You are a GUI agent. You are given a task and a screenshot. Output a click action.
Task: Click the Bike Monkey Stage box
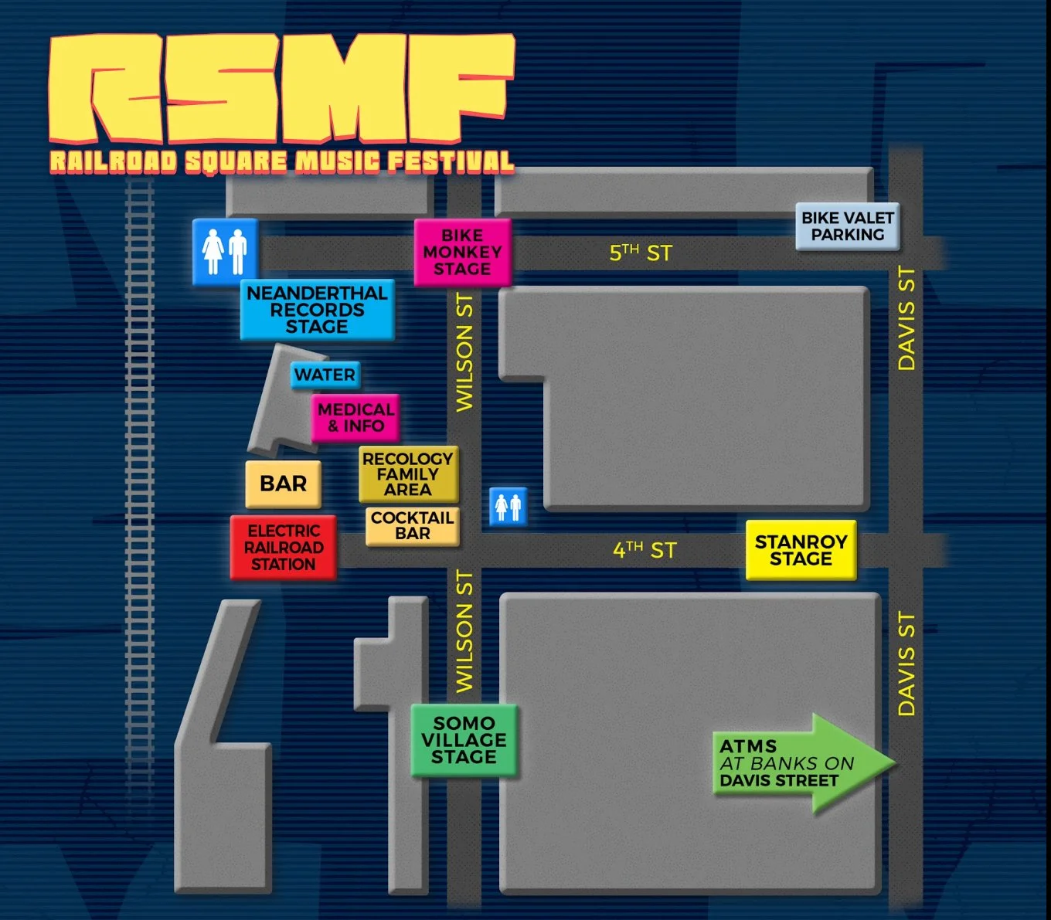tap(462, 253)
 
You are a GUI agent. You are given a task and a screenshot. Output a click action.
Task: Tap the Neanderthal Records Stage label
tap(317, 310)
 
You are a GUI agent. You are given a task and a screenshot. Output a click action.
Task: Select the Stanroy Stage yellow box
tap(801, 550)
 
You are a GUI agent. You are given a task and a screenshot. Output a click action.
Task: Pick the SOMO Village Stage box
tap(464, 740)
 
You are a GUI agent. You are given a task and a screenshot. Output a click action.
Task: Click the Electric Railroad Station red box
tap(284, 548)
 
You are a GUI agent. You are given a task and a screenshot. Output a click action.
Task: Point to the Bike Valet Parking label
tap(847, 226)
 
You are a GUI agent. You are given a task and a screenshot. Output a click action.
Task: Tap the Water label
tap(325, 375)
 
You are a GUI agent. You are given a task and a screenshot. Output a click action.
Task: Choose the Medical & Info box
tap(355, 418)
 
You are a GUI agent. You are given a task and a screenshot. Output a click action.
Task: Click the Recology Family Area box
tap(408, 474)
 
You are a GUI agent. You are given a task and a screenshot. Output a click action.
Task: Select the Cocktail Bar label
tap(412, 525)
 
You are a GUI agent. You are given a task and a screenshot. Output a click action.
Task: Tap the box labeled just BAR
tap(283, 484)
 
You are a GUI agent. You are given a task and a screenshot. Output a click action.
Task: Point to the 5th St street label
tap(641, 253)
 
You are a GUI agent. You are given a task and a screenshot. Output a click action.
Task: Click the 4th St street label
tap(645, 550)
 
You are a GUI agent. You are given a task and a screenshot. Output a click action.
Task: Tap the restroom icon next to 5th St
tap(224, 252)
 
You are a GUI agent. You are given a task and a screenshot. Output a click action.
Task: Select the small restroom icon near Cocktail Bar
tap(508, 507)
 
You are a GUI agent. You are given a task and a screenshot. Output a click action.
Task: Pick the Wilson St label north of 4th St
tap(464, 351)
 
